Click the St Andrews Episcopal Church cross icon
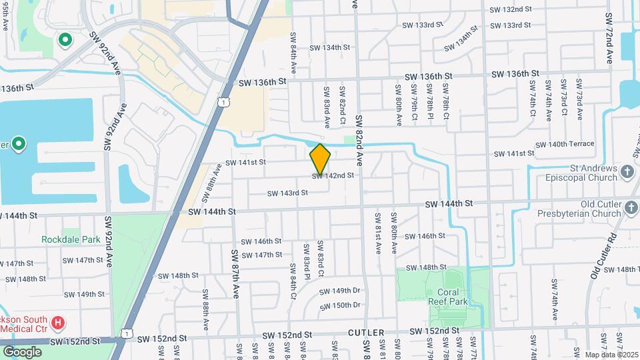627,173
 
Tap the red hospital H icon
58,323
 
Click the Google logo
22,351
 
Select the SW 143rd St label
287,193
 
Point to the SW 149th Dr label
339,291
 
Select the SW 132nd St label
511,10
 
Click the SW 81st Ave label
377,233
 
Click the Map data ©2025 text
611,355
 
